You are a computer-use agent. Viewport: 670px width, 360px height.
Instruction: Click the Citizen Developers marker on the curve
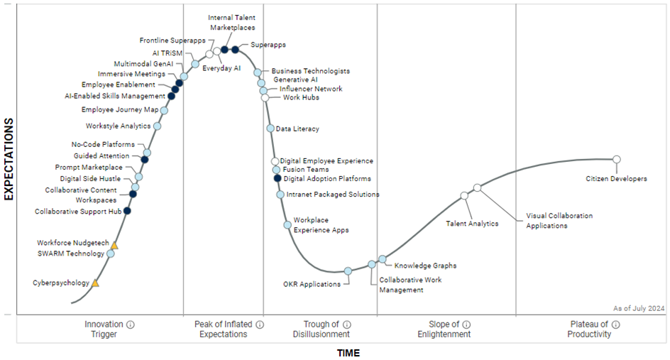click(616, 159)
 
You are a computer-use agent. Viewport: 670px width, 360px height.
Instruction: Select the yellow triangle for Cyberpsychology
click(95, 283)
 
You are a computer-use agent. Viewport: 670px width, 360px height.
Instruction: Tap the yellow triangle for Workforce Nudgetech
click(114, 246)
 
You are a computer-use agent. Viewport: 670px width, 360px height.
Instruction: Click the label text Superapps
click(268, 45)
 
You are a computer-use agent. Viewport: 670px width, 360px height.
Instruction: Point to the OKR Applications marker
click(348, 271)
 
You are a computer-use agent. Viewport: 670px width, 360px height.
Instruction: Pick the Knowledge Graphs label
click(425, 266)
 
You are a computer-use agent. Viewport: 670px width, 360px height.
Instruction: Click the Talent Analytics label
click(472, 224)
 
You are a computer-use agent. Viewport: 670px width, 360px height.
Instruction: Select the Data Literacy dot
click(270, 129)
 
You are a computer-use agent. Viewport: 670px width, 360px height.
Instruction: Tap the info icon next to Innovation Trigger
click(131, 324)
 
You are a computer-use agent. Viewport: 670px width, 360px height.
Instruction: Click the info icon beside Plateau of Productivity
click(615, 324)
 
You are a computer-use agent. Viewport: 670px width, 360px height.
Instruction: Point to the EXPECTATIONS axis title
click(9, 160)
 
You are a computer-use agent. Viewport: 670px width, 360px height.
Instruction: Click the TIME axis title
click(348, 353)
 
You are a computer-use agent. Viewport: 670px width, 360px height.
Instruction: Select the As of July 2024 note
click(639, 308)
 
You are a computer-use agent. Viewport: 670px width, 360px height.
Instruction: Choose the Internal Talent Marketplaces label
click(232, 22)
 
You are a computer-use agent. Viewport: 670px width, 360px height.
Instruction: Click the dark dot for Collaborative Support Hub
click(127, 211)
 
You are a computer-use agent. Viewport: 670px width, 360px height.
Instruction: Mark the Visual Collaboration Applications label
click(559, 220)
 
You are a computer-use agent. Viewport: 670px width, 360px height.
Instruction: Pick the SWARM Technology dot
click(110, 253)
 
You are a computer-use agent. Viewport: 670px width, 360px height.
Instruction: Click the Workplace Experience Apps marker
click(287, 225)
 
